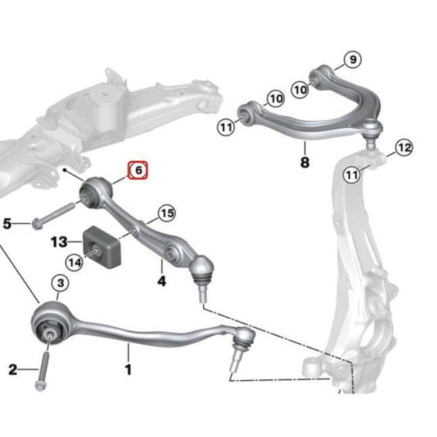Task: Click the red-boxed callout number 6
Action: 138,170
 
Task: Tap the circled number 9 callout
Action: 353,60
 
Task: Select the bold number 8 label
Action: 305,162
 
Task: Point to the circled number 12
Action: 404,147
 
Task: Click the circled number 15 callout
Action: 168,213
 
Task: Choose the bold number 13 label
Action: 59,242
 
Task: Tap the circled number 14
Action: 75,262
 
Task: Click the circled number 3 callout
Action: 60,283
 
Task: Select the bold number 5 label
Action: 7,224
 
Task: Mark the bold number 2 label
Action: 13,369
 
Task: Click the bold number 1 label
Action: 128,370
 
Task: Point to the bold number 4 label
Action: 162,281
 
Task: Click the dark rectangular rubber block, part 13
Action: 102,248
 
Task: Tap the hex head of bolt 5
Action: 36,224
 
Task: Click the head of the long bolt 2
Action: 40,386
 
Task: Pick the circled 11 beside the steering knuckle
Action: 352,175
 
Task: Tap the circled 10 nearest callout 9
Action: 300,90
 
